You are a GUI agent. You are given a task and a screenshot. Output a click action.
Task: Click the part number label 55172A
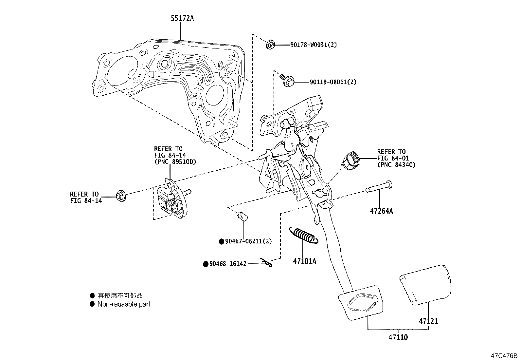tap(182, 18)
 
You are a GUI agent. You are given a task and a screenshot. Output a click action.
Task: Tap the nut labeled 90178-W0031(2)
tap(270, 45)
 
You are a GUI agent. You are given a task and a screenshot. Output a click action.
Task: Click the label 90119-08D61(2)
tap(333, 82)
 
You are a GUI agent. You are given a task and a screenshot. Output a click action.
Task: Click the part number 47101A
tap(304, 261)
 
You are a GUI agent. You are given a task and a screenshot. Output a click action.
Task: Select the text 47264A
tap(381, 211)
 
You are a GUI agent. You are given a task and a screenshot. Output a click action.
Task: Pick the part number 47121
tap(428, 321)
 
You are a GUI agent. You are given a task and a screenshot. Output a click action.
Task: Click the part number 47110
tap(398, 337)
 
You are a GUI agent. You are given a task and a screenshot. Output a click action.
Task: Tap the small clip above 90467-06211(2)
tap(243, 217)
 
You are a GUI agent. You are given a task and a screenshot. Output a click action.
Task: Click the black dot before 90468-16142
tap(206, 264)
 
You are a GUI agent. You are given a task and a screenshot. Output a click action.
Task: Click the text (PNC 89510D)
tap(172, 161)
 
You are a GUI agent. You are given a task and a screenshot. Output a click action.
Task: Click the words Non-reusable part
tap(124, 304)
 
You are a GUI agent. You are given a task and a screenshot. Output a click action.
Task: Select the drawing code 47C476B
tap(503, 356)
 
